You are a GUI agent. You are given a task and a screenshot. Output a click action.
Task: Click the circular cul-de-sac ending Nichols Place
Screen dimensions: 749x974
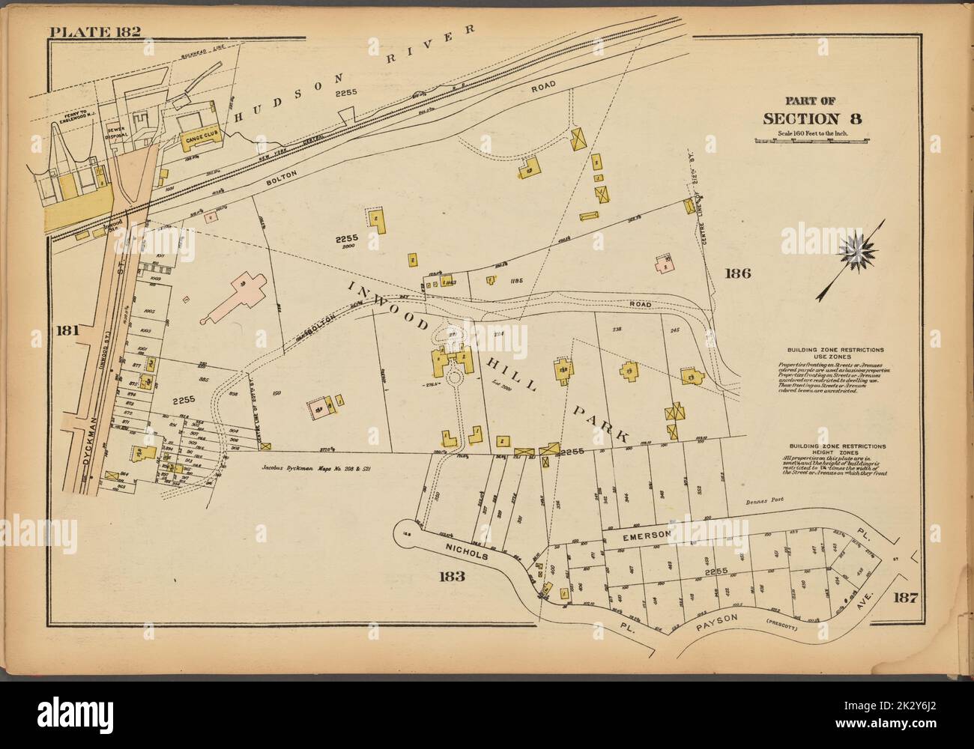point(408,531)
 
